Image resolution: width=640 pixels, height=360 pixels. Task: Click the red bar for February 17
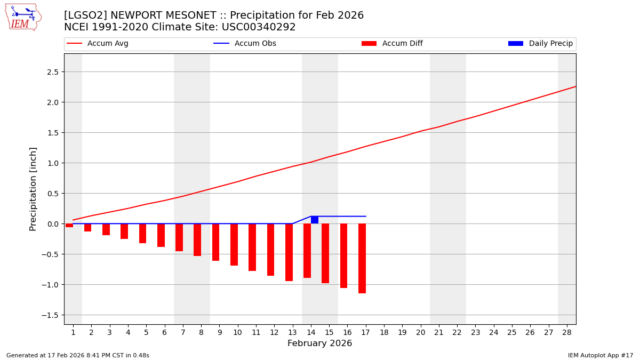pos(362,258)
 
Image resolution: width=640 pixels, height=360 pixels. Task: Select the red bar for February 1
pos(69,226)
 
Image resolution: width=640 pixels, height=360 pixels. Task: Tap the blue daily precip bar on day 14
pos(315,220)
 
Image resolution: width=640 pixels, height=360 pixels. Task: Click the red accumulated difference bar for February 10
pos(234,244)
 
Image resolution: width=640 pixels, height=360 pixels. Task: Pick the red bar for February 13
pos(289,252)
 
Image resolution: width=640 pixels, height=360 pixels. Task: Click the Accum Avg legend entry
pos(98,44)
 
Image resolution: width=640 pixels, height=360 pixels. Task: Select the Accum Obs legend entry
pos(245,44)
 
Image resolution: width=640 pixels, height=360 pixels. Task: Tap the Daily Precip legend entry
pos(540,44)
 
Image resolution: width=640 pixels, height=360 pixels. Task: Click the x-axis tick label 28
pos(566,333)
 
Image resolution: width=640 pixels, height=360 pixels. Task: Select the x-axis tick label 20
pos(420,333)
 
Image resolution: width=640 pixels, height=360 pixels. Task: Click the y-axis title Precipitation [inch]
pos(33,189)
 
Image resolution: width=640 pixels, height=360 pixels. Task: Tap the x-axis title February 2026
pos(319,343)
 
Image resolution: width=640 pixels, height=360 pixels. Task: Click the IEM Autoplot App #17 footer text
pos(601,355)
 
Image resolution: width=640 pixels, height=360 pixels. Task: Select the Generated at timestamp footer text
pos(78,355)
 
